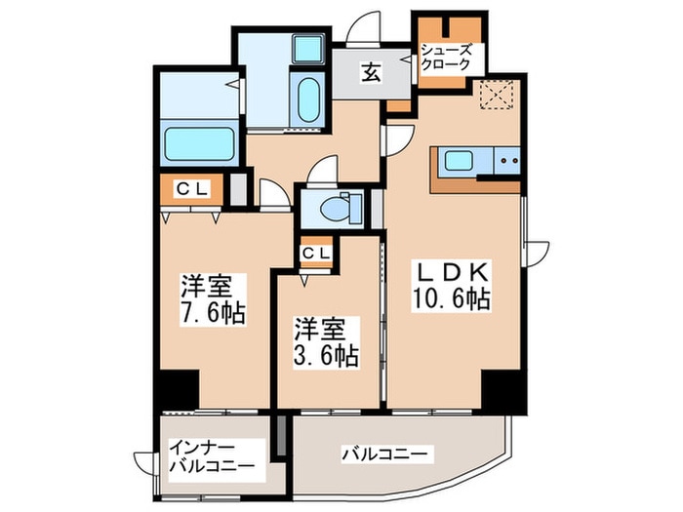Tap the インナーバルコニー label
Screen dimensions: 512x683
pos(211,456)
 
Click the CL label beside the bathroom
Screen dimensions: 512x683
pos(191,189)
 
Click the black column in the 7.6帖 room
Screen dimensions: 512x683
pos(179,389)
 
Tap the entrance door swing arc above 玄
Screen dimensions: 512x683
pos(366,25)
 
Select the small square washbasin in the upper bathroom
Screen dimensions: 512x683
pos(309,48)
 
